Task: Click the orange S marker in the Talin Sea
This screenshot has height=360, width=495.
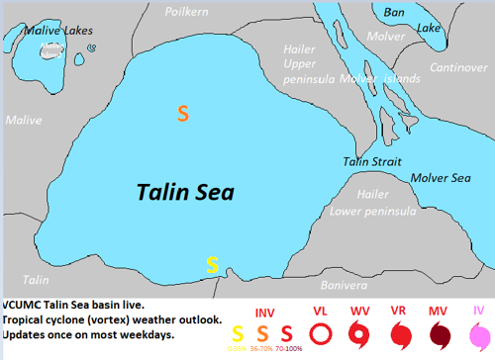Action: click(x=182, y=114)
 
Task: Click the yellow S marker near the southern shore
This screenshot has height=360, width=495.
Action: click(x=212, y=264)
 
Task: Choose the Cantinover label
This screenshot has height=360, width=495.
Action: click(x=457, y=67)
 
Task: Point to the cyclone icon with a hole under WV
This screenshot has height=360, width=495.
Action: click(x=359, y=334)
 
